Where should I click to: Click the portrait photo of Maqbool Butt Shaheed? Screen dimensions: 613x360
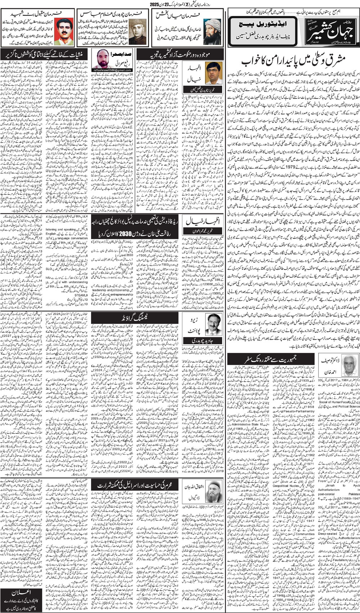point(63,32)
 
